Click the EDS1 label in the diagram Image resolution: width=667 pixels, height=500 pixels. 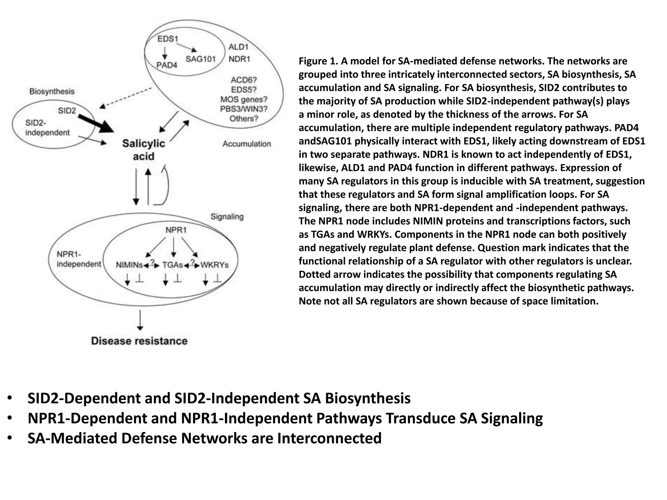(168, 39)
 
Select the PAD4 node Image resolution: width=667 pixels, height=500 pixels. (166, 65)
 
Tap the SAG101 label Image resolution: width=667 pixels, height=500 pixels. (201, 59)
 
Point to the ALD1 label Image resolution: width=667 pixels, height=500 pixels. (238, 47)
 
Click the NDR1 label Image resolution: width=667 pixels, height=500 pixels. (239, 59)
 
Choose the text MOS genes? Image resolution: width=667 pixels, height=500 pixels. (244, 99)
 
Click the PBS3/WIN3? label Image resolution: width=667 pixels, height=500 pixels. (244, 109)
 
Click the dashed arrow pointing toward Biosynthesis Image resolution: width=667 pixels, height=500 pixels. (125, 97)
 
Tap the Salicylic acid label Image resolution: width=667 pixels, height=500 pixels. (144, 150)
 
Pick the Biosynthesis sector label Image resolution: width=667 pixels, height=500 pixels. (52, 91)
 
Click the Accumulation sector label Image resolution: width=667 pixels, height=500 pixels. (247, 144)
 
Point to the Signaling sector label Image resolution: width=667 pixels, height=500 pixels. (227, 216)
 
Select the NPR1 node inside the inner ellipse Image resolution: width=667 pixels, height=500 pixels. (176, 230)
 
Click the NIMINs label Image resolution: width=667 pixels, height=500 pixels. (129, 265)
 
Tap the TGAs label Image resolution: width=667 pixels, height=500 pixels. (173, 265)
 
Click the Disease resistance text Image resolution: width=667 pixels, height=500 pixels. (139, 341)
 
